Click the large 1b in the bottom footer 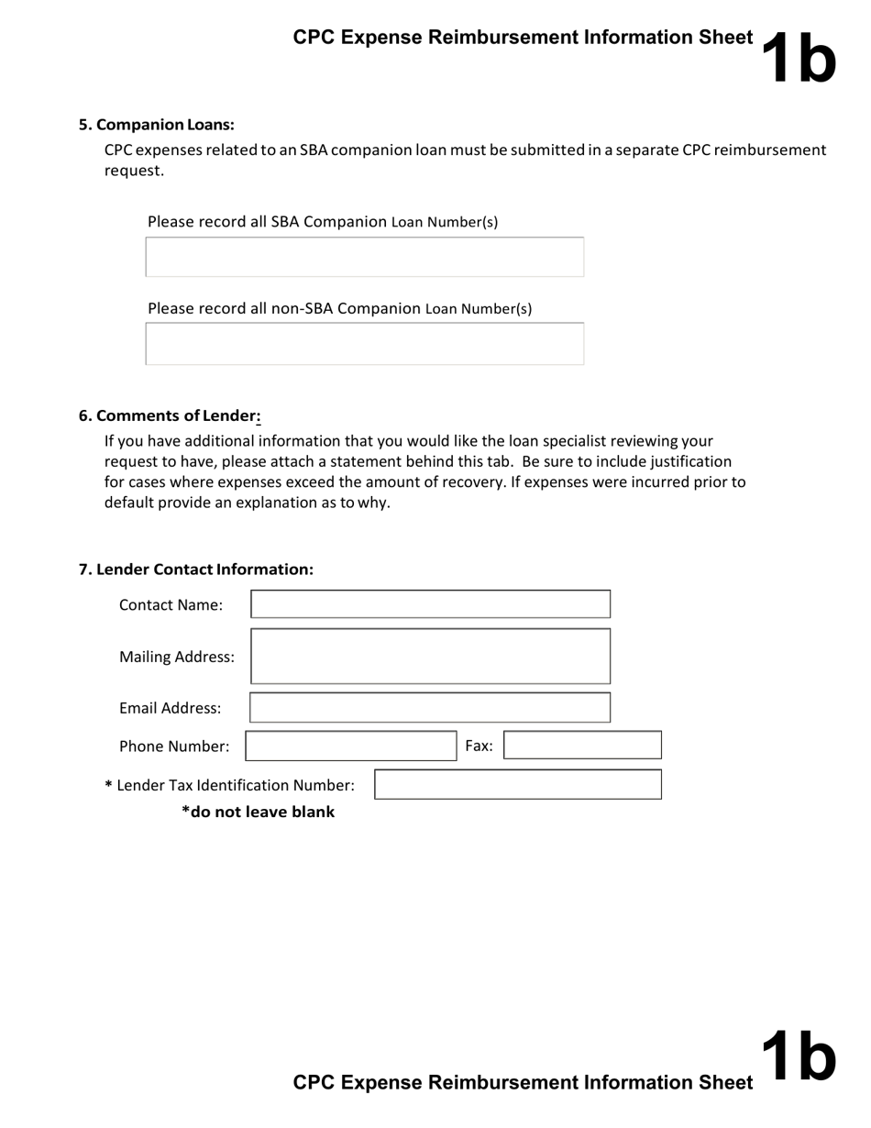[798, 1056]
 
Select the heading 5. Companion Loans [157, 125]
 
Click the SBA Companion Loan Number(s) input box [364, 257]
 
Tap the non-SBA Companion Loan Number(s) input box [364, 344]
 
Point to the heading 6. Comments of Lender [170, 415]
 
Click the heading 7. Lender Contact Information [196, 570]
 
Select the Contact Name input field [430, 604]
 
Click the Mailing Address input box [430, 657]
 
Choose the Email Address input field [430, 708]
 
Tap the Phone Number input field [350, 746]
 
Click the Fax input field [582, 746]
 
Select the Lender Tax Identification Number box [517, 785]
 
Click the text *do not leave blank [258, 812]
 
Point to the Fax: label [479, 746]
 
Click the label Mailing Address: [176, 658]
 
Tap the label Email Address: [170, 709]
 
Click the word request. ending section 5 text [134, 171]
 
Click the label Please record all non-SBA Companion [284, 308]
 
